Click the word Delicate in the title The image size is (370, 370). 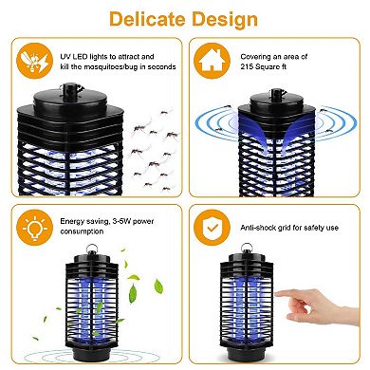tap(147, 18)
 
